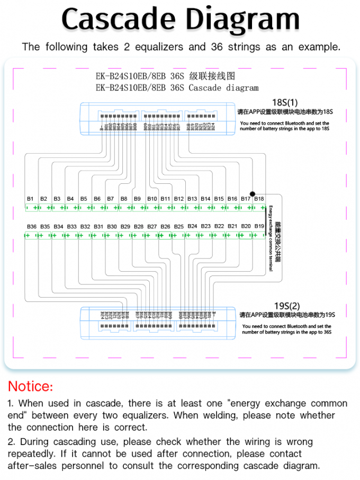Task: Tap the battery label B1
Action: tap(30, 199)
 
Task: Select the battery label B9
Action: tap(137, 199)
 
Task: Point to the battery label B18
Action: tap(259, 199)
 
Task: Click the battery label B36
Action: tap(32, 227)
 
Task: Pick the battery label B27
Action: tap(152, 227)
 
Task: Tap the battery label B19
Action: tap(259, 226)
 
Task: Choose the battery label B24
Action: tap(192, 226)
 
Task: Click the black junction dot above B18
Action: tap(253, 194)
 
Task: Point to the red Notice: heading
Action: tap(30, 386)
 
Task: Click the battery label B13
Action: tap(192, 199)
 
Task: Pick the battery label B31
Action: tap(98, 227)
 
